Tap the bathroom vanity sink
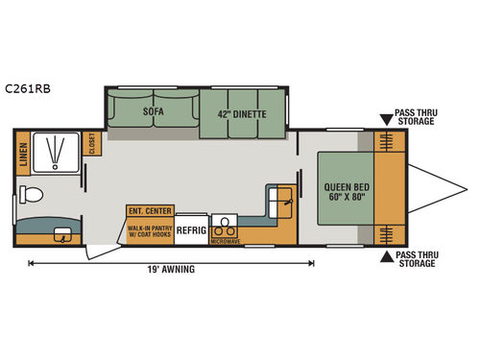(x=62, y=234)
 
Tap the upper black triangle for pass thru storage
(x=386, y=120)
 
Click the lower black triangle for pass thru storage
(x=386, y=255)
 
